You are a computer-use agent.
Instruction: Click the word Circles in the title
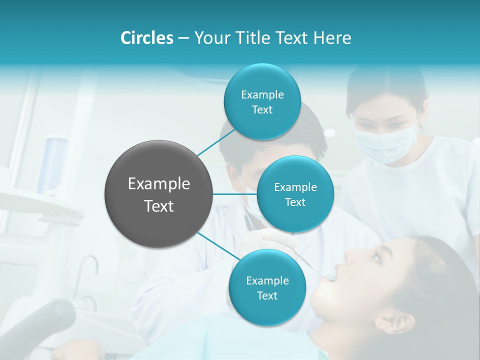(x=146, y=38)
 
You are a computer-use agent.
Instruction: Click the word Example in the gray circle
(x=159, y=184)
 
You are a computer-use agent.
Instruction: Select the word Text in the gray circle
(x=159, y=206)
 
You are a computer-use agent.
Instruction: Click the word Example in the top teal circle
(x=262, y=95)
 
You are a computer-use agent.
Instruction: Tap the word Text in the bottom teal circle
(x=267, y=295)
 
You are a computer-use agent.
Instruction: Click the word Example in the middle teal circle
(x=295, y=187)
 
